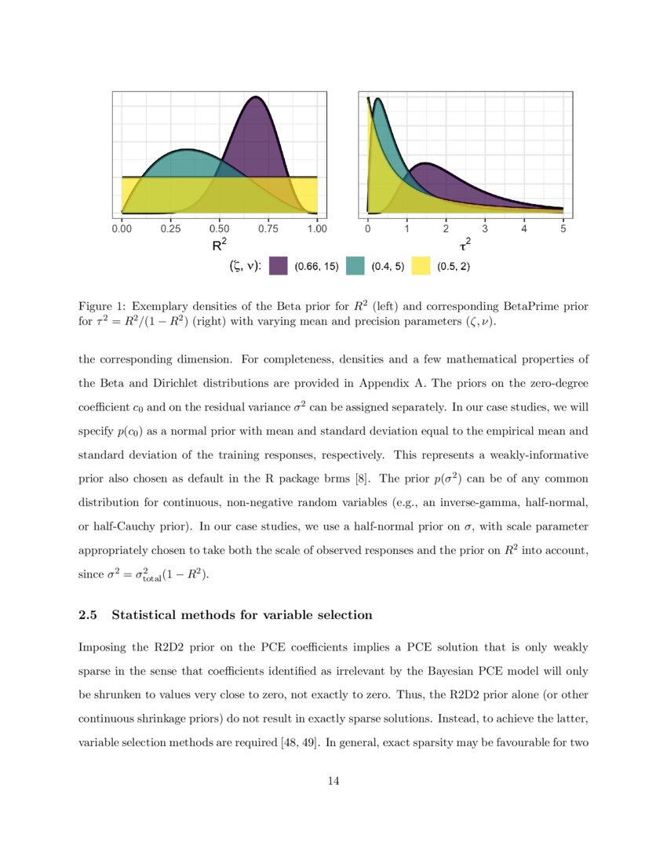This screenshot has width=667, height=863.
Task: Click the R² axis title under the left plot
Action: tap(220, 246)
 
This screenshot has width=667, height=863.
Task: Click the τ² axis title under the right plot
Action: tap(465, 246)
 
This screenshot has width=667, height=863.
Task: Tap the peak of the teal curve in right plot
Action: tap(378, 99)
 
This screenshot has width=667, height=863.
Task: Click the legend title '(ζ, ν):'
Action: tap(244, 267)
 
